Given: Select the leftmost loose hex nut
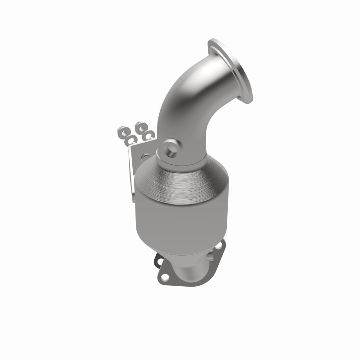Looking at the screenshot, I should pyautogui.click(x=121, y=132).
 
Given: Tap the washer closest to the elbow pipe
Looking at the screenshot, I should pyautogui.click(x=149, y=134).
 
